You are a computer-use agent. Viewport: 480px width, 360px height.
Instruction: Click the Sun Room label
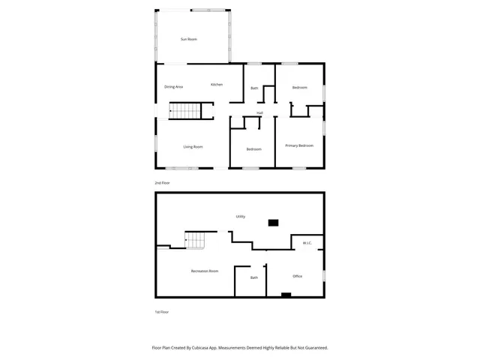click(x=188, y=39)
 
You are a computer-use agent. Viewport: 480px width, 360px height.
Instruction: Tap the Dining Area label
click(x=174, y=88)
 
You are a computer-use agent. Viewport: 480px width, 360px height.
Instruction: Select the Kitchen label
click(x=217, y=85)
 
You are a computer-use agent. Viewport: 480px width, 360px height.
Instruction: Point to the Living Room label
click(x=193, y=146)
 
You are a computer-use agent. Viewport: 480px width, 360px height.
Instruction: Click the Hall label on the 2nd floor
click(x=259, y=112)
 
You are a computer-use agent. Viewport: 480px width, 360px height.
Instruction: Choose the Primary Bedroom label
click(x=299, y=145)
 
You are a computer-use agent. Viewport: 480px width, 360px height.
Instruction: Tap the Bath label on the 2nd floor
click(x=254, y=89)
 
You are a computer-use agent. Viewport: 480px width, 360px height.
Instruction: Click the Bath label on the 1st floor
click(x=254, y=278)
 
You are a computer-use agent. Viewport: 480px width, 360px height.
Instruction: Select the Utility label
click(x=241, y=216)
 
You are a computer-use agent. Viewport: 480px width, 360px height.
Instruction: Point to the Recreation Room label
click(x=204, y=270)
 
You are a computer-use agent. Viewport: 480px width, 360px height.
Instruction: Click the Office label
click(x=297, y=276)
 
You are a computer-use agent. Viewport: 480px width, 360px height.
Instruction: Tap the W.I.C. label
click(x=307, y=243)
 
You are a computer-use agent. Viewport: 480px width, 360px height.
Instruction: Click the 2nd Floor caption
click(x=161, y=182)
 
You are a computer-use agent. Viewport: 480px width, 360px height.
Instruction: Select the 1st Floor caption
click(x=161, y=311)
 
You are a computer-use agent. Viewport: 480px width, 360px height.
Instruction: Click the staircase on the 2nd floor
click(x=185, y=111)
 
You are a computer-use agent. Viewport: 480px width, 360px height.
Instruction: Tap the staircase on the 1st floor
click(x=196, y=241)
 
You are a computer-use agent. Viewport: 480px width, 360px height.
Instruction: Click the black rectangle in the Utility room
click(x=273, y=222)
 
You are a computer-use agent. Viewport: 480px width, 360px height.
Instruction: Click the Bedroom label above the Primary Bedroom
click(x=299, y=88)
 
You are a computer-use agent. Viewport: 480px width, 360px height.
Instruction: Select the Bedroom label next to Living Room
click(x=254, y=148)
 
